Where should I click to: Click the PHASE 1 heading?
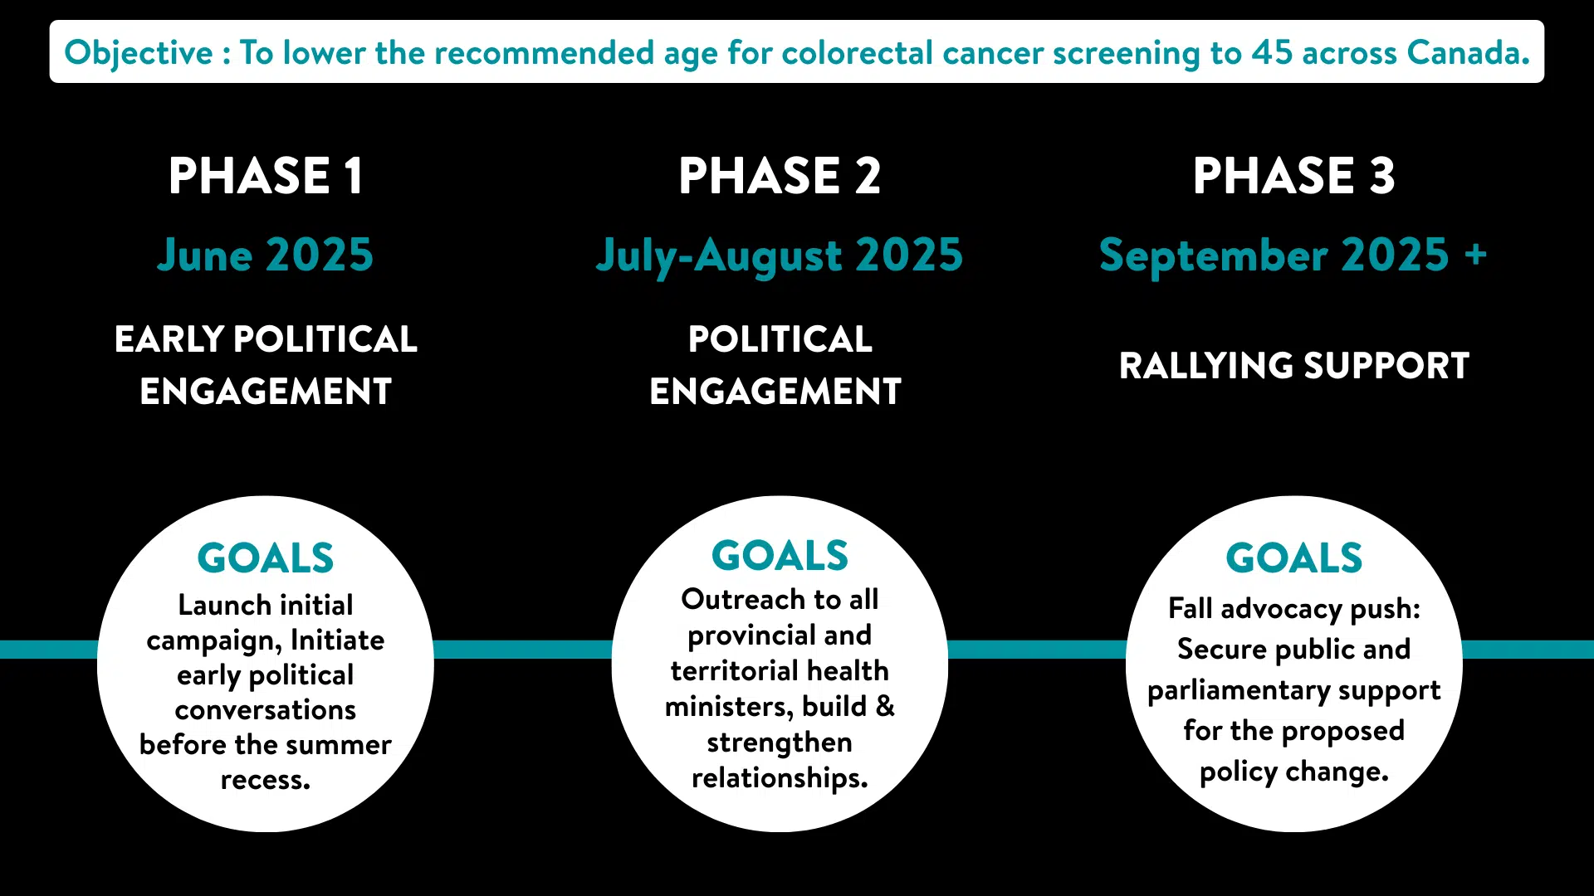click(x=266, y=176)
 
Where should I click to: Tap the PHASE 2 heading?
click(x=780, y=176)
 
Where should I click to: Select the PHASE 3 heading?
click(x=1294, y=176)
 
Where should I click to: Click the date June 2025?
click(x=266, y=255)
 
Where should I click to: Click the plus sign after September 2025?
click(x=1475, y=254)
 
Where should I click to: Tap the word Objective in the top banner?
click(x=139, y=54)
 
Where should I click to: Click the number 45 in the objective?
click(x=1273, y=53)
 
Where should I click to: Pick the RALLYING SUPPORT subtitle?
click(x=1294, y=366)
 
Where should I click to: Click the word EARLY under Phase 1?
click(x=169, y=339)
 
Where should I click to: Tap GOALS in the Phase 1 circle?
click(x=266, y=558)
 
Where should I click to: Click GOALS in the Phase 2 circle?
click(x=780, y=555)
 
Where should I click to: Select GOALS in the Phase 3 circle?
click(x=1294, y=558)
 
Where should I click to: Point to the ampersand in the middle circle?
click(x=885, y=706)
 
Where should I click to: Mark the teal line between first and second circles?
click(x=523, y=650)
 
